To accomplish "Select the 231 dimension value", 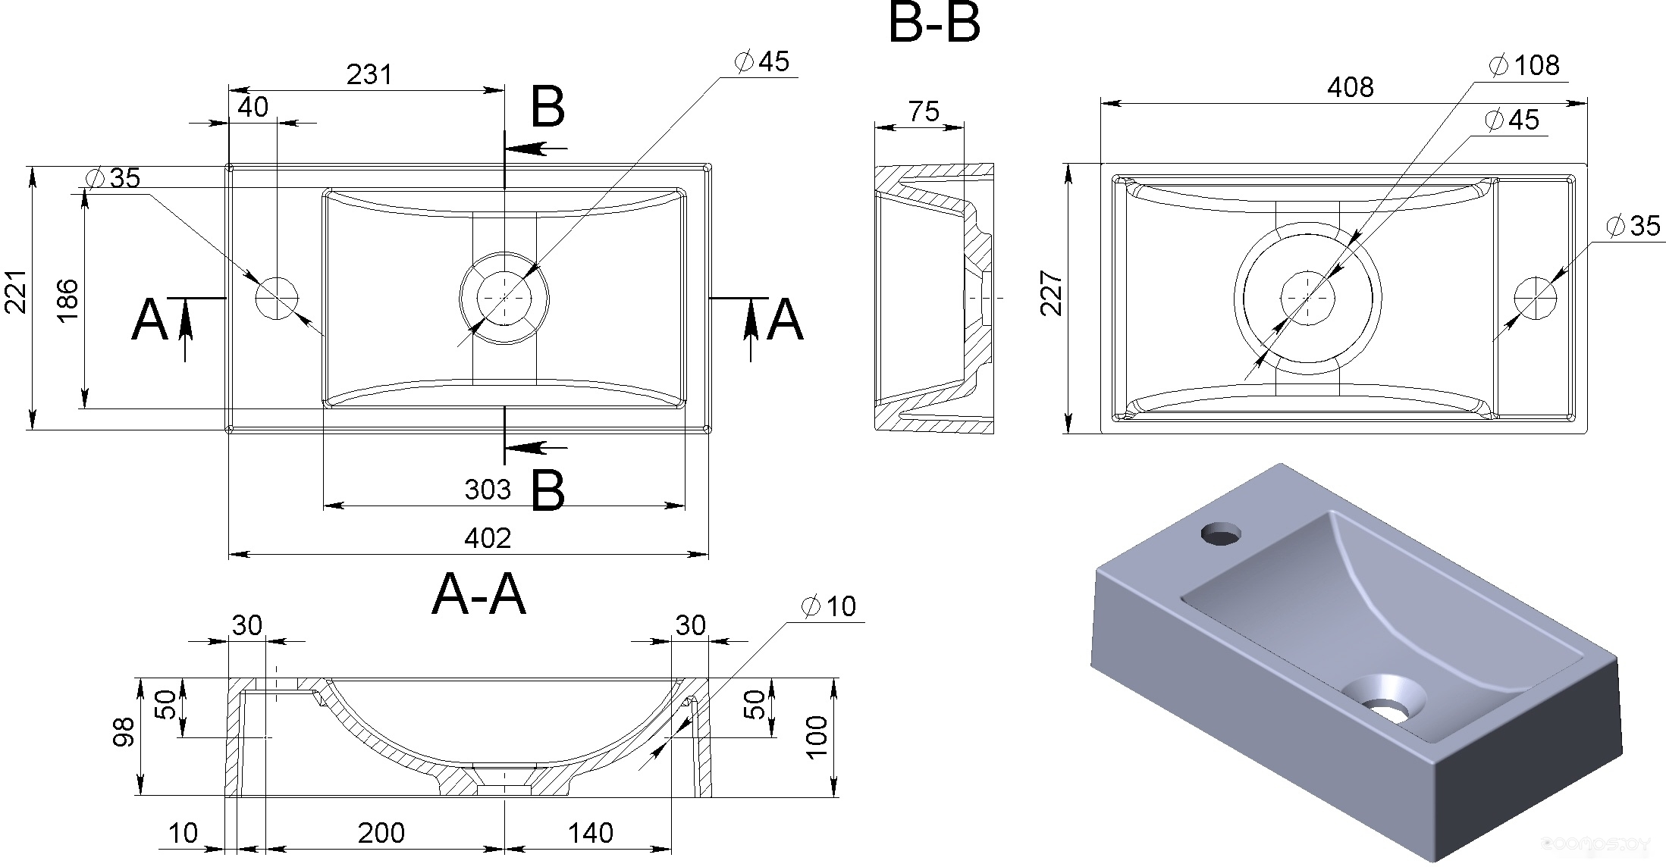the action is tap(370, 74).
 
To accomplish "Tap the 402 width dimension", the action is tap(488, 538).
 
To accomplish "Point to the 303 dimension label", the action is tap(488, 490).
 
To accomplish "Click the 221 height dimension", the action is tap(17, 291).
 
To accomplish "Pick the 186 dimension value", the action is tap(67, 300).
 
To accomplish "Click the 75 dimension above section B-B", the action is tap(924, 111).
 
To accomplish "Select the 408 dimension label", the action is tap(1351, 87).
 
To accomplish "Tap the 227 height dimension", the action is tap(1051, 293).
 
